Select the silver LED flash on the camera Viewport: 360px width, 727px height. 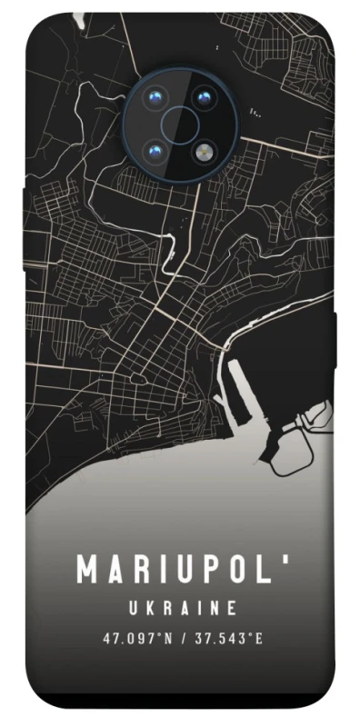pyautogui.click(x=204, y=146)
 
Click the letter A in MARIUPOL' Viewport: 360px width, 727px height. pyautogui.click(x=115, y=571)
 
